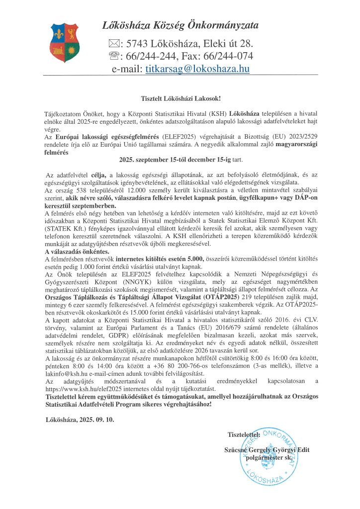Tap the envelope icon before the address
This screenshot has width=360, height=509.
pyautogui.click(x=114, y=43)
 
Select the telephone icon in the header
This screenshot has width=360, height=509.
pyautogui.click(x=114, y=56)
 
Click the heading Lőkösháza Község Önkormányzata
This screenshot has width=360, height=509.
pyautogui.click(x=180, y=25)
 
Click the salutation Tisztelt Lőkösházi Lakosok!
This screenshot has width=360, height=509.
pyautogui.click(x=180, y=99)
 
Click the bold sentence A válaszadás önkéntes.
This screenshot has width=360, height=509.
pyautogui.click(x=70, y=252)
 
